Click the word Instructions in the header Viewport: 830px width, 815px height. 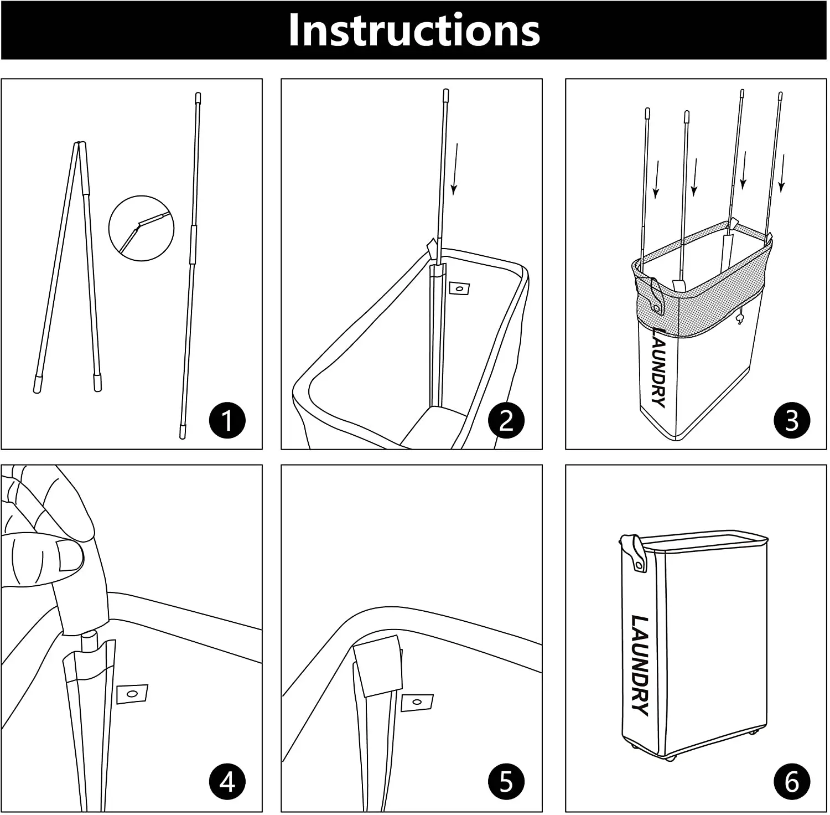[414, 30]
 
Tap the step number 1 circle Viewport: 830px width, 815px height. [227, 420]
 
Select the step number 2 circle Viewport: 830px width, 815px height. [506, 420]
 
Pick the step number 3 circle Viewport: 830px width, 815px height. [792, 420]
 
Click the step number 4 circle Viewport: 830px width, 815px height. [227, 782]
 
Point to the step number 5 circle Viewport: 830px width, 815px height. [506, 782]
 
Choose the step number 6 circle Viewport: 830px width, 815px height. [792, 782]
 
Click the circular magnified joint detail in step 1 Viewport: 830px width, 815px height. [142, 228]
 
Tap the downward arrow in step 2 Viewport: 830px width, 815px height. [454, 169]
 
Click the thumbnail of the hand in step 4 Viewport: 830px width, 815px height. [69, 555]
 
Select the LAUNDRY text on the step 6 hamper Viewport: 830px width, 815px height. [640, 664]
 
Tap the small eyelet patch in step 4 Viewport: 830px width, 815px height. [132, 693]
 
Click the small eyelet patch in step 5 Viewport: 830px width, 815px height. [416, 703]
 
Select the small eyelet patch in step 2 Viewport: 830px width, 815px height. [459, 288]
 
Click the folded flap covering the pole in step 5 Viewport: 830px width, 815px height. [378, 664]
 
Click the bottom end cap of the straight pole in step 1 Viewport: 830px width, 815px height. [183, 431]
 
